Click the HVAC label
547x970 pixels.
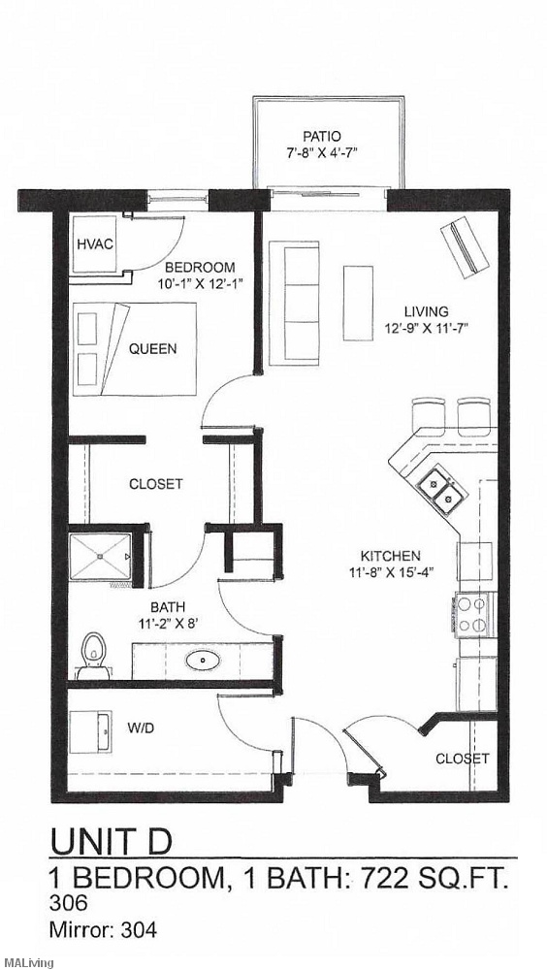[x=95, y=244]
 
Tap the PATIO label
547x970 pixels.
[x=322, y=137]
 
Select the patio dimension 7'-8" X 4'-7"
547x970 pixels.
[x=322, y=153]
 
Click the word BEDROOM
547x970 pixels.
[x=200, y=268]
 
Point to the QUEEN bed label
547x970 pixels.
[x=153, y=348]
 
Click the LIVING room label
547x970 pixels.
[x=427, y=311]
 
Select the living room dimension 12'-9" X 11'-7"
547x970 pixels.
[x=427, y=328]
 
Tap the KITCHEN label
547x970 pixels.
[x=391, y=556]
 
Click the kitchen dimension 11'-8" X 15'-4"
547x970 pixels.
[x=391, y=572]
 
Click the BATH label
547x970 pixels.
[x=167, y=609]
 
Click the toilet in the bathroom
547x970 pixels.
[x=93, y=655]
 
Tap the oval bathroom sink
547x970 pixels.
[x=203, y=661]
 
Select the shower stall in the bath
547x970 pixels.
[x=102, y=559]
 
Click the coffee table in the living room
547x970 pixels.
[x=358, y=302]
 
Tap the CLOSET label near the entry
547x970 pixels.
[x=462, y=759]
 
